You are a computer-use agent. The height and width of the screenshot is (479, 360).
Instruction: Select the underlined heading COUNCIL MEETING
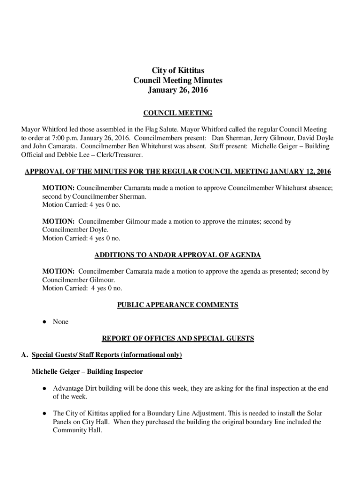(178, 113)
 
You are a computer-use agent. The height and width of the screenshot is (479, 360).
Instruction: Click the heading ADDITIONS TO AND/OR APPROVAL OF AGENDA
(178, 255)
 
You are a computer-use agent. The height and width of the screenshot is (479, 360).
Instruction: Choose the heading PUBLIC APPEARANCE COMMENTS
(178, 305)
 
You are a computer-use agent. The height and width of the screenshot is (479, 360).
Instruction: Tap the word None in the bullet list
(60, 322)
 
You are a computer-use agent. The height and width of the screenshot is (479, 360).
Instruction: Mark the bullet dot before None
(43, 322)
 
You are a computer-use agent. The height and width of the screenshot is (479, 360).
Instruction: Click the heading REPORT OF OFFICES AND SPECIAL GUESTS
(178, 338)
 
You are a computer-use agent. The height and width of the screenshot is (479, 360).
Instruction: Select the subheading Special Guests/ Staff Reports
(75, 355)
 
